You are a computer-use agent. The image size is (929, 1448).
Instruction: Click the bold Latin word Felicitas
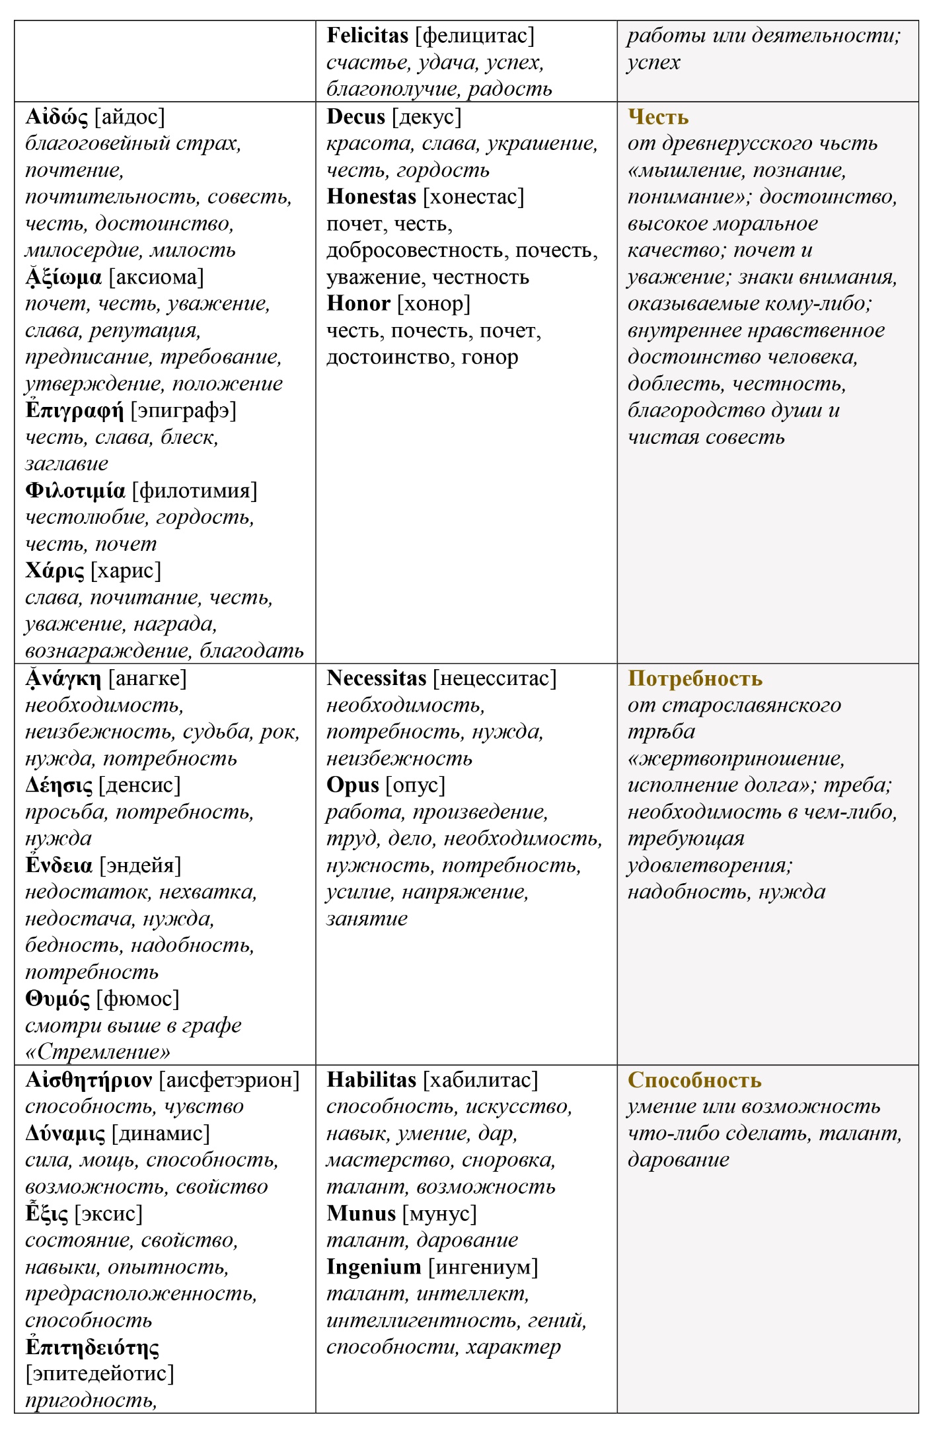tap(367, 36)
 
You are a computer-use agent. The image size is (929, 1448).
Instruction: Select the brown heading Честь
tap(658, 117)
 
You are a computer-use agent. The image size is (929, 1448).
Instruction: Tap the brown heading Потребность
tap(695, 678)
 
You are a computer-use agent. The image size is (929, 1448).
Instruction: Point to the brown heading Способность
tap(694, 1079)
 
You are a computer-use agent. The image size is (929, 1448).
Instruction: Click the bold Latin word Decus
tap(355, 117)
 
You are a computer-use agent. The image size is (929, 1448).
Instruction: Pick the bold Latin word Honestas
tap(371, 197)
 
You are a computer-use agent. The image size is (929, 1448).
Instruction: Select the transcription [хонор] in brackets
tap(433, 304)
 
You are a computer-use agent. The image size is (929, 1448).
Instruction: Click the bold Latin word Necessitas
tap(377, 678)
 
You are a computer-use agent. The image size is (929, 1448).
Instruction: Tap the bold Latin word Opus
tap(353, 785)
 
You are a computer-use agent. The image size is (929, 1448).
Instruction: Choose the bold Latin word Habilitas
tap(371, 1079)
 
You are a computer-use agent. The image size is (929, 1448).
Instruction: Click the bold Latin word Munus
tap(361, 1213)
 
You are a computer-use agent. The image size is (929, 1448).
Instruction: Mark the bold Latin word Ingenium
tap(374, 1267)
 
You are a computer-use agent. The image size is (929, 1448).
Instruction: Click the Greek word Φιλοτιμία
tap(75, 491)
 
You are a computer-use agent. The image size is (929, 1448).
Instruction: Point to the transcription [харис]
tap(126, 571)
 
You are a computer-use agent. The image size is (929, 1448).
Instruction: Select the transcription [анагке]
tap(147, 678)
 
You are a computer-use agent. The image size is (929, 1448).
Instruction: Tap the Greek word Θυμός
tap(57, 999)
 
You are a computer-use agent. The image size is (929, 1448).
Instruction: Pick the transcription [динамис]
tap(161, 1134)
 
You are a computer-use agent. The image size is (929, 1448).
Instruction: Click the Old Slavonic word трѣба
tap(661, 732)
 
